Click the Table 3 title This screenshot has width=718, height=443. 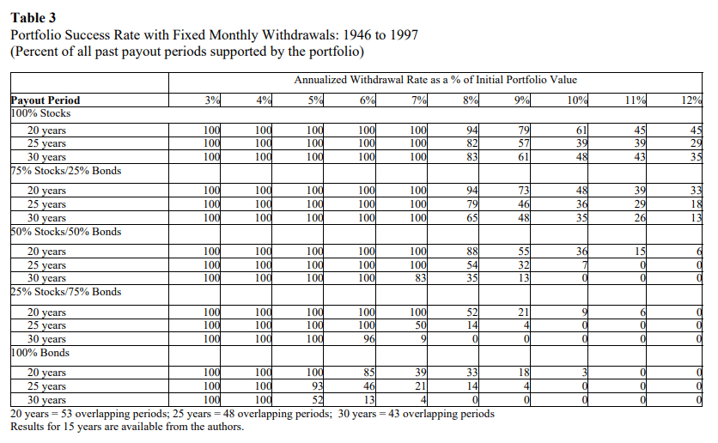coord(33,18)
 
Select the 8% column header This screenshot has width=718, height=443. coord(471,100)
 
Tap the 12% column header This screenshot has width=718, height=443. coord(691,100)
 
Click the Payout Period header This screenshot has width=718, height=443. coord(46,100)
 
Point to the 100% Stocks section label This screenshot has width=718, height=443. coord(40,113)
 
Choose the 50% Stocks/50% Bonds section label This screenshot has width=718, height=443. coord(66,232)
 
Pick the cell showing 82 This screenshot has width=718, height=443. coord(472,143)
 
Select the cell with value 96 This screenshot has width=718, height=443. coord(369,339)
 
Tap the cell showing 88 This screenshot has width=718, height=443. coord(472,252)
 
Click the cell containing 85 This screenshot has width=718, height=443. coord(369,373)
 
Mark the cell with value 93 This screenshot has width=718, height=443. coord(317,386)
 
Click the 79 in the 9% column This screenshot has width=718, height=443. coord(524,130)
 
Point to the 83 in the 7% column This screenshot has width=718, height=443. coord(421,278)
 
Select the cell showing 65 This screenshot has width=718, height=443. coord(472,218)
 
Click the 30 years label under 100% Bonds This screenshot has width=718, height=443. coord(46,400)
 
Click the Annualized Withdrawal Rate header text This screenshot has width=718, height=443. coord(435,80)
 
